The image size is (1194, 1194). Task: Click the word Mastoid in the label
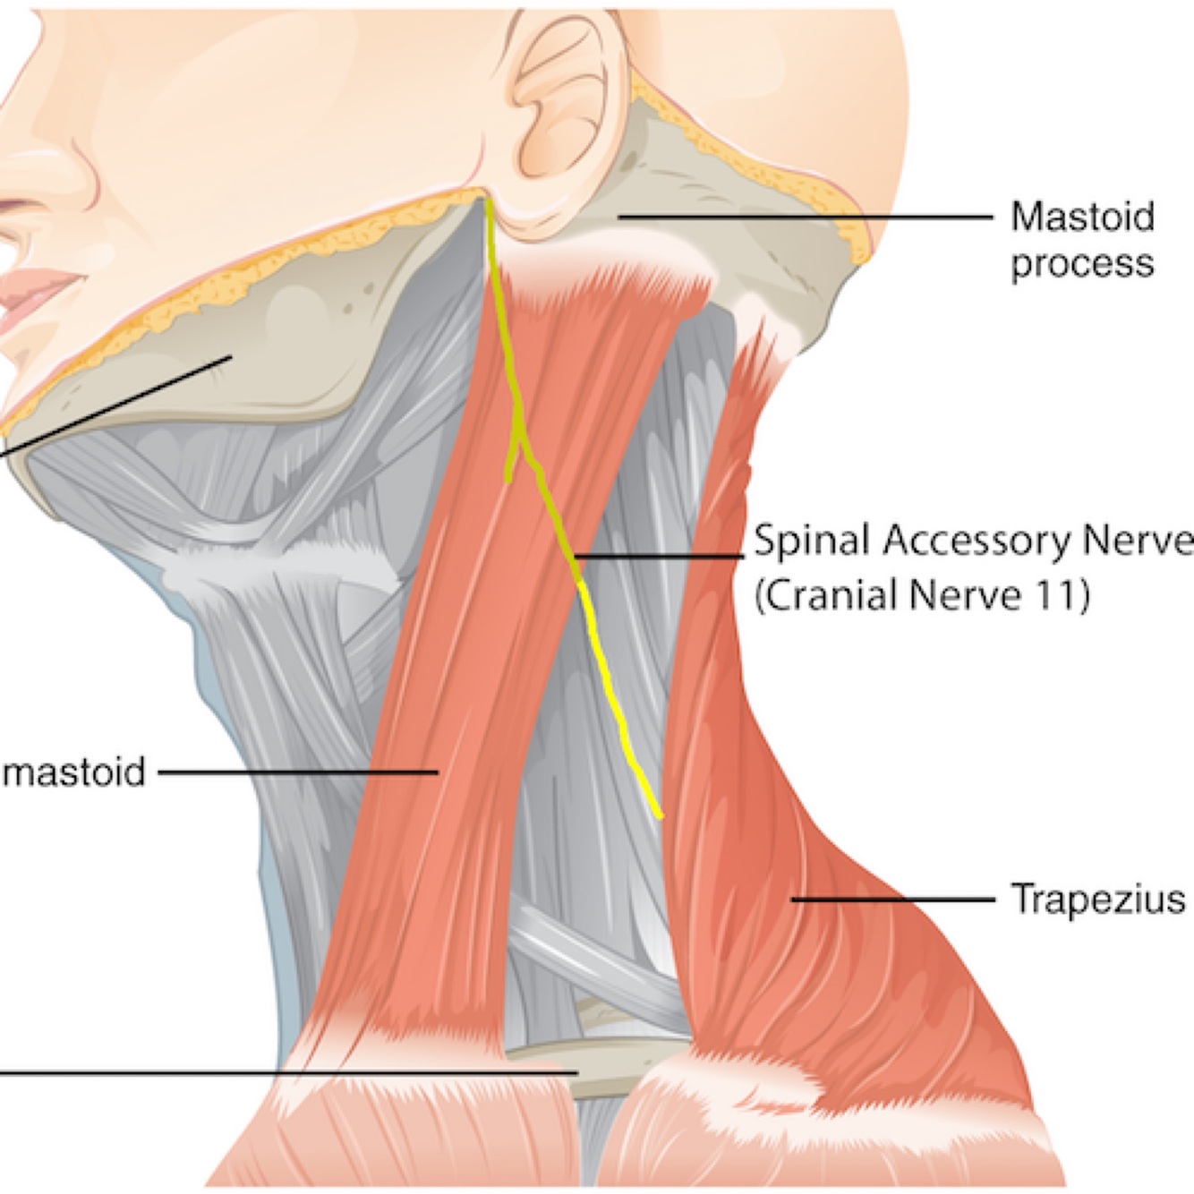tap(1082, 217)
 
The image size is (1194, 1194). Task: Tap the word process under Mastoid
tap(1082, 265)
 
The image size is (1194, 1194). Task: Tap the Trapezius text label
tap(1097, 898)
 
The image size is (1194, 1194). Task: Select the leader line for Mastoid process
tap(806, 217)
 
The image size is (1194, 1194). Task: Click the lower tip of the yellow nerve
tap(660, 815)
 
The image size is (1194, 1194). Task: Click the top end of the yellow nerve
tap(489, 199)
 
